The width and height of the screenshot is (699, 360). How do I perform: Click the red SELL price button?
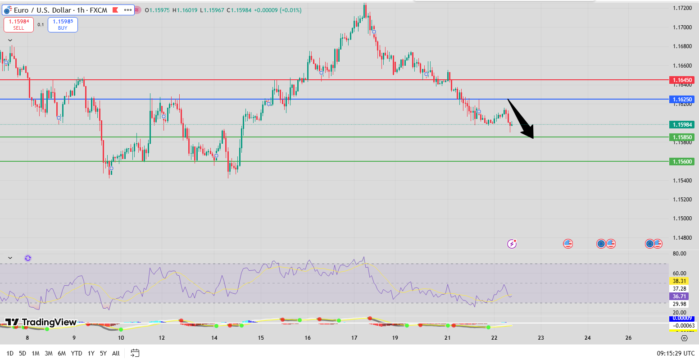(x=18, y=24)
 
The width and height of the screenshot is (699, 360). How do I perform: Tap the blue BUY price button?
(x=63, y=24)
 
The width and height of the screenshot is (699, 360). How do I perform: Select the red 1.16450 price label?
(x=682, y=80)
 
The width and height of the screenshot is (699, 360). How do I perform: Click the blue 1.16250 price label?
(x=682, y=99)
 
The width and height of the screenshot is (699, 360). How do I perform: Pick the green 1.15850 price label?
(x=682, y=137)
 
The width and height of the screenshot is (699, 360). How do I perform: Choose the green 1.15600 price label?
(x=682, y=161)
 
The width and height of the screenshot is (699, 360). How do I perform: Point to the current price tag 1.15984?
(x=682, y=125)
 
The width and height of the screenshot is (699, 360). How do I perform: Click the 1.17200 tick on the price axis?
(x=682, y=8)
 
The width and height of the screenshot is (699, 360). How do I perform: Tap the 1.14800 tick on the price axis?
(x=682, y=238)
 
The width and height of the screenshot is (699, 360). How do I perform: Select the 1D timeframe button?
(x=10, y=353)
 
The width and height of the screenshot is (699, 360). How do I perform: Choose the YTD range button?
(x=77, y=353)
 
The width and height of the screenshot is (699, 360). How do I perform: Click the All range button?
(x=116, y=353)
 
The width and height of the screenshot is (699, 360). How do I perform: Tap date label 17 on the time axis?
(x=354, y=338)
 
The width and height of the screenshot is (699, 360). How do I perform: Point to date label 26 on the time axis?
(x=629, y=338)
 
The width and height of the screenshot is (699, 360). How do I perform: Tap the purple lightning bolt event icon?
(x=512, y=244)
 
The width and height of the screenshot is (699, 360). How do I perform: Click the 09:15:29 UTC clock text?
(x=676, y=353)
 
